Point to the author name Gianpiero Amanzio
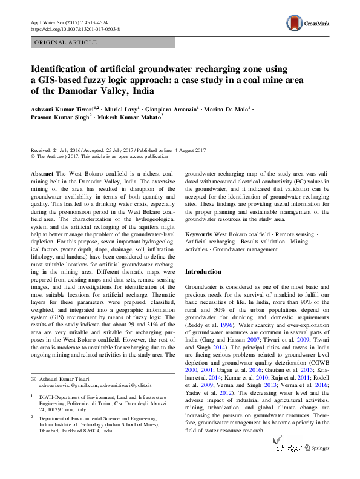pos(171,108)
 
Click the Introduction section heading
pos(204,272)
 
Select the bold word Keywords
pos(198,234)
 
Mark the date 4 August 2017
pos(159,149)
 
